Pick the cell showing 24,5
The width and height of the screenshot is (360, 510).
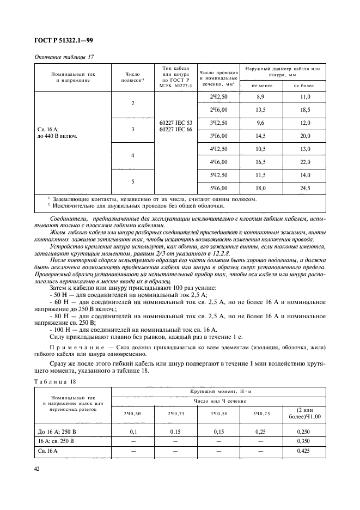(x=304, y=189)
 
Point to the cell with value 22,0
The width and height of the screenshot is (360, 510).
(x=304, y=162)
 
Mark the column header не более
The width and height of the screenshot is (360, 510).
(x=304, y=85)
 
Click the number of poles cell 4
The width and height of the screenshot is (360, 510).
(x=132, y=155)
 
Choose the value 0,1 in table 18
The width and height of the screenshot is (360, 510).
(x=132, y=432)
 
